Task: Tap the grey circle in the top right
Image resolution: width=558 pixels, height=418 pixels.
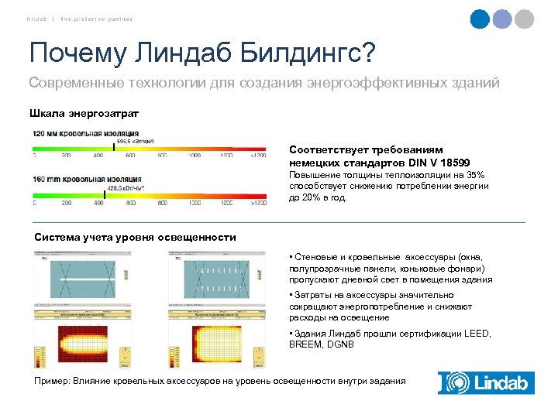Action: click(525, 19)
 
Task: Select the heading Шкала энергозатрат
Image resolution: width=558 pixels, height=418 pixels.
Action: click(84, 114)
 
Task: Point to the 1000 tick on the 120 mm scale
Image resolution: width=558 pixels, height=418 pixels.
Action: click(194, 156)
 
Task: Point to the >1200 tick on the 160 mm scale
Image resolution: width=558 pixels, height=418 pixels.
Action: click(258, 203)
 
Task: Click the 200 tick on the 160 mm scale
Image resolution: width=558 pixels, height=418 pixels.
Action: click(66, 203)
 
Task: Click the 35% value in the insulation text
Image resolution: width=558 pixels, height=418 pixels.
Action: click(474, 176)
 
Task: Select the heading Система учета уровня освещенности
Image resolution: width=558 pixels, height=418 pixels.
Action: click(136, 238)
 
